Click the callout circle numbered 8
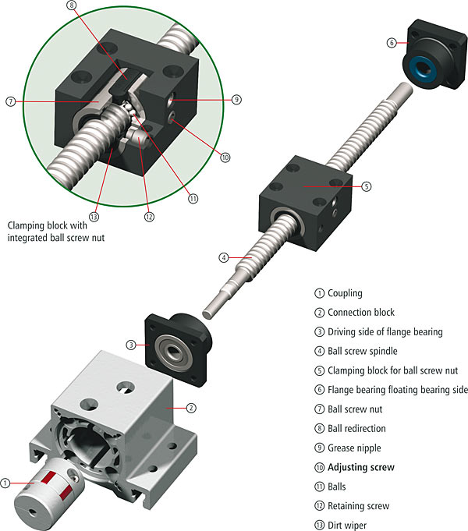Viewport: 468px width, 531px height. (x=72, y=5)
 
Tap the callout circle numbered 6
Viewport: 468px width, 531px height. (x=392, y=43)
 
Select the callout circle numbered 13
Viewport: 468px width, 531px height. (x=94, y=217)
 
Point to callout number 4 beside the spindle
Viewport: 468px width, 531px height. (x=224, y=258)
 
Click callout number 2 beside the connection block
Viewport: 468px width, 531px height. (x=191, y=408)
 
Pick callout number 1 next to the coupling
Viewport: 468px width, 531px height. (x=5, y=483)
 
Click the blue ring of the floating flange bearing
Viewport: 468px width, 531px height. (x=420, y=69)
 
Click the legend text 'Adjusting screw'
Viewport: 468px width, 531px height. (x=361, y=467)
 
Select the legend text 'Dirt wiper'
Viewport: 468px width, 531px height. (x=347, y=526)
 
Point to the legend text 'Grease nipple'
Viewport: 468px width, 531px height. (x=354, y=448)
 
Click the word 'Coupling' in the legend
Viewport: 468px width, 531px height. (x=345, y=293)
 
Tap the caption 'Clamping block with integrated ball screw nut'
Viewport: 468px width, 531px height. (x=56, y=232)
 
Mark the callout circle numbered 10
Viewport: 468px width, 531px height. (x=225, y=158)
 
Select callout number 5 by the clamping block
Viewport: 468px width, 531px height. (x=367, y=186)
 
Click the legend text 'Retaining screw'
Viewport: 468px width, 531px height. (x=359, y=506)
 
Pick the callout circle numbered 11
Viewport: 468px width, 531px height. (x=193, y=199)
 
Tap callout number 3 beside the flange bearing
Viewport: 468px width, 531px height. (x=131, y=345)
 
